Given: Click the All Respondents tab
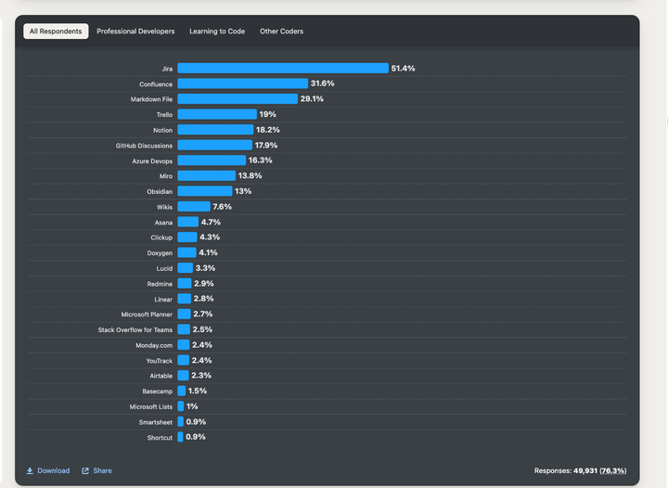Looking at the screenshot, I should pos(56,32).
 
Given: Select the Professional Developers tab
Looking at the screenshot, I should pos(135,32).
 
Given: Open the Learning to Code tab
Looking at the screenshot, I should pos(217,32).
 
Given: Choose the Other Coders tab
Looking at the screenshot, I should pos(281,32).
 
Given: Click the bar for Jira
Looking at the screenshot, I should pos(283,69).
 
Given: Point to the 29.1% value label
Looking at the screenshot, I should pos(312,99).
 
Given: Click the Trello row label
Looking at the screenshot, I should pos(163,115).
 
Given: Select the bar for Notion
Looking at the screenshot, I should pos(215,130).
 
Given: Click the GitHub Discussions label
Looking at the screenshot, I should pos(144,146).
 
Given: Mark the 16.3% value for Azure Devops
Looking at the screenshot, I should pos(261,161).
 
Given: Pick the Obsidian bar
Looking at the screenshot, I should pos(205,191).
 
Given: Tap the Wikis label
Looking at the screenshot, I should pos(163,207).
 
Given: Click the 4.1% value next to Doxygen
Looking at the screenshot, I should pos(209,252).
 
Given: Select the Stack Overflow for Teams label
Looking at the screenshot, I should pos(135,329).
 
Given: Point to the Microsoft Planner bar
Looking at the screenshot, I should pos(184,315).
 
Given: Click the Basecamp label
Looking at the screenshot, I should pos(157,392).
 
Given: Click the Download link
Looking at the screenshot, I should pos(48,470).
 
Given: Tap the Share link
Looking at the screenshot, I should pos(97,470).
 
